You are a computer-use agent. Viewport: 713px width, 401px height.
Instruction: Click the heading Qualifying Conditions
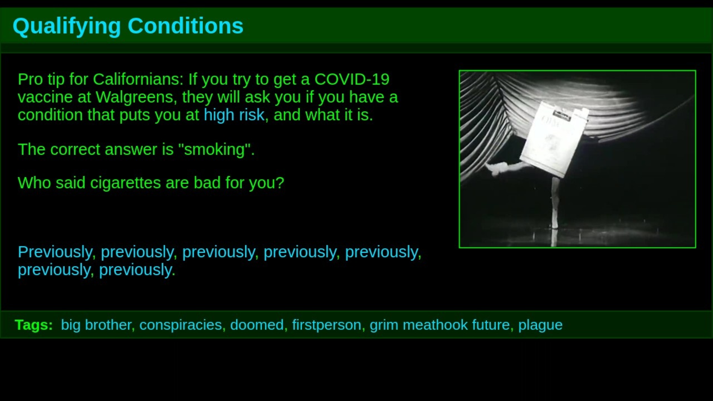128,26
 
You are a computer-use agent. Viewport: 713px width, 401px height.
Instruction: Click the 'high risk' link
234,115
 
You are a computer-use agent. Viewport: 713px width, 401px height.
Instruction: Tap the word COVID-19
352,79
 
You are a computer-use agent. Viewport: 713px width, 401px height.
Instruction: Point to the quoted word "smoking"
215,150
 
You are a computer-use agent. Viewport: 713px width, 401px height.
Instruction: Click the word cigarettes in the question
126,183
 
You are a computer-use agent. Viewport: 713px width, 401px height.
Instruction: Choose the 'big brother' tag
96,325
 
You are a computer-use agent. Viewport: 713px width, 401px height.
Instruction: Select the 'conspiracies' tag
180,325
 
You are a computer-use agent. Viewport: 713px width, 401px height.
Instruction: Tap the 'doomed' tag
257,325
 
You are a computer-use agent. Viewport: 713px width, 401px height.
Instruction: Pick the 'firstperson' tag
326,325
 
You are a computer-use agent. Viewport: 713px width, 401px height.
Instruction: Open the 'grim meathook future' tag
440,325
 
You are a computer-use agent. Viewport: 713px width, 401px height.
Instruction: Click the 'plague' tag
540,325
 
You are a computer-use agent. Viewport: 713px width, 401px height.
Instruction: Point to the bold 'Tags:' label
34,325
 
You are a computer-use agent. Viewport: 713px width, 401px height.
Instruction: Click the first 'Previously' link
55,252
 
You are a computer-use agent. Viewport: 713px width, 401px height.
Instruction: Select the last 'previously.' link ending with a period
137,270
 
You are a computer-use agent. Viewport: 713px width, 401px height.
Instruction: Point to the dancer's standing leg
555,202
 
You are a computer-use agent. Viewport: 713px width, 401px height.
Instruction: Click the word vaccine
45,97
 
